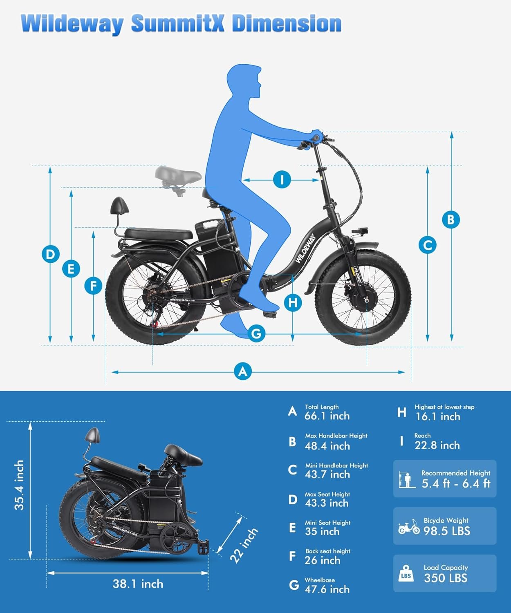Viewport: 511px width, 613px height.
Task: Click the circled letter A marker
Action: (x=242, y=371)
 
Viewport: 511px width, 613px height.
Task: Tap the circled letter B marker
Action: (x=451, y=219)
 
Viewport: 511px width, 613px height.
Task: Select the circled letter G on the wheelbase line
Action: (x=256, y=333)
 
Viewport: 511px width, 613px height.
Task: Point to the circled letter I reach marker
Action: (x=282, y=180)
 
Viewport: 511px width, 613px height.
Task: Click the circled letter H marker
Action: (x=293, y=303)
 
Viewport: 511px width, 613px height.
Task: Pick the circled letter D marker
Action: (x=51, y=254)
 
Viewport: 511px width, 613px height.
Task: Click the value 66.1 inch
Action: (x=327, y=416)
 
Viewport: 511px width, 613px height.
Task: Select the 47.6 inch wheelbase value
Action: (x=327, y=589)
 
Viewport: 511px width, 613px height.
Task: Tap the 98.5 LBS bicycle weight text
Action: (x=447, y=531)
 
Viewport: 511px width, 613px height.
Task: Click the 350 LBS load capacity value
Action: (x=446, y=578)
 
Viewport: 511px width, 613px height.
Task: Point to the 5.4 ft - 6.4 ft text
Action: (x=456, y=483)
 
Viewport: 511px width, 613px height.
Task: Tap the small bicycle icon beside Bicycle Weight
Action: (x=409, y=527)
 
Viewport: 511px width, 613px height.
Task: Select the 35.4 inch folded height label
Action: (x=19, y=485)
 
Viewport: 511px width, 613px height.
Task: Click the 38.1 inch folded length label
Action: (x=138, y=584)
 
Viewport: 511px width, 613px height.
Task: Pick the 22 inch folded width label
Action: (x=244, y=546)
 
